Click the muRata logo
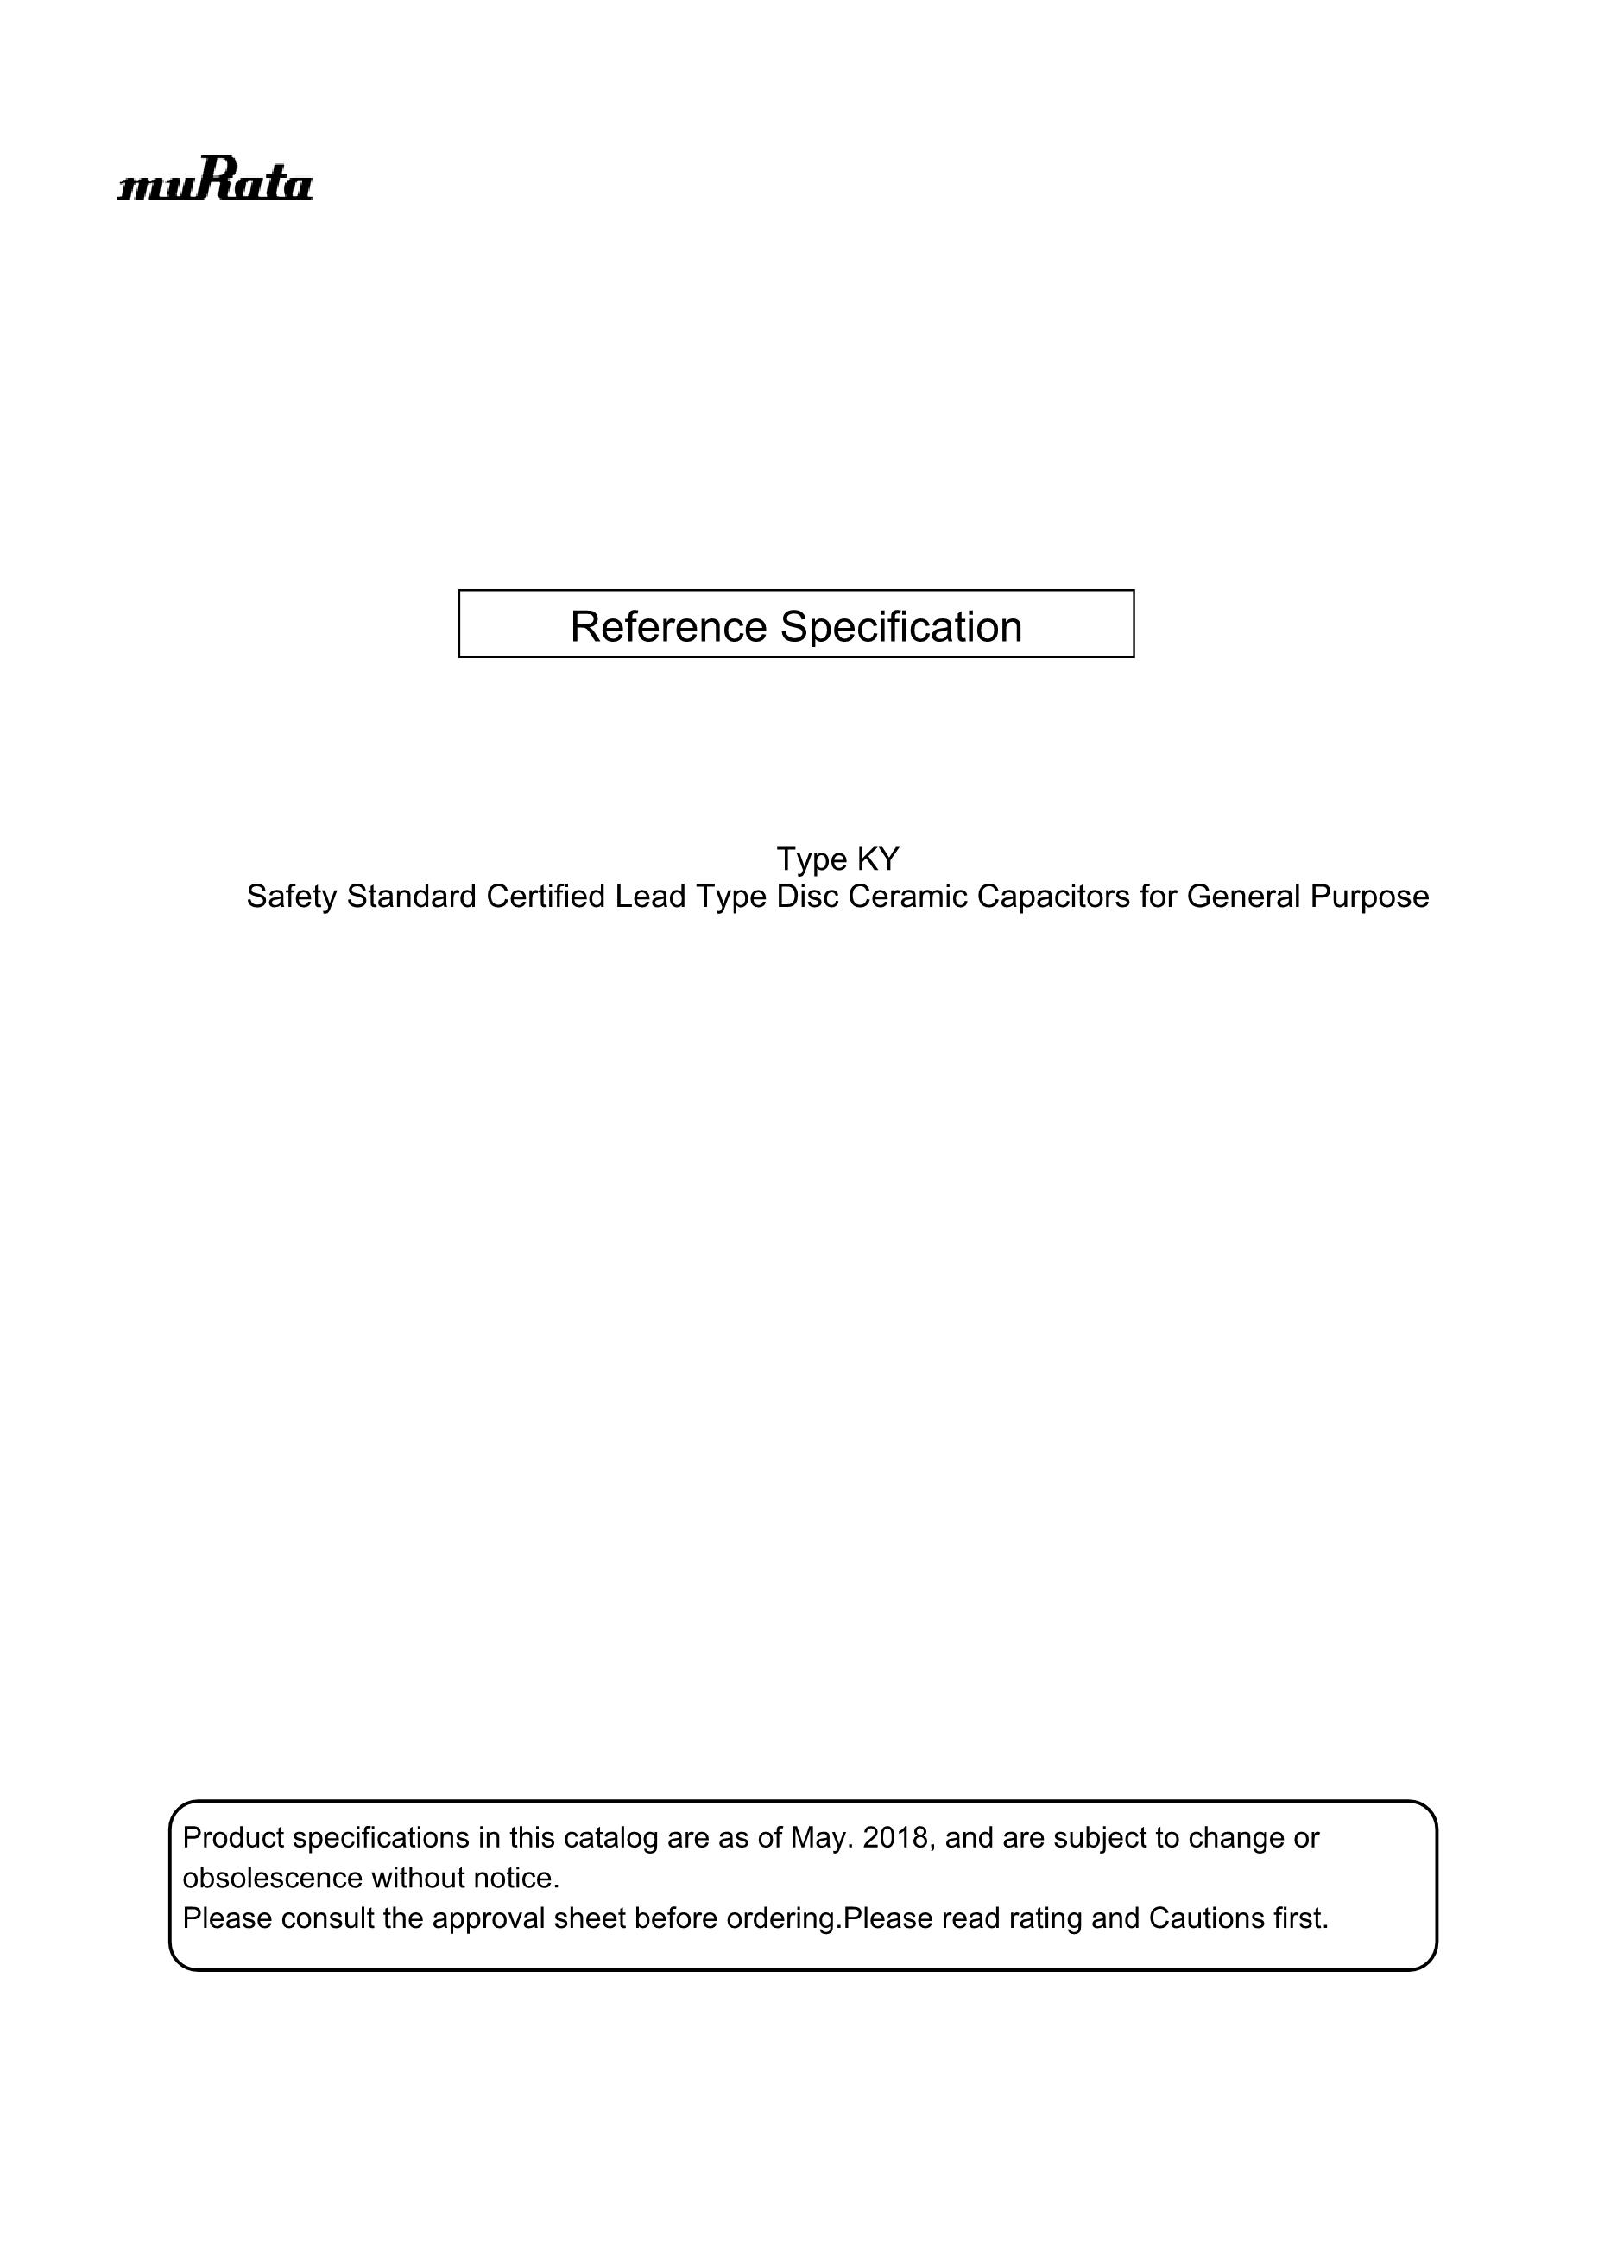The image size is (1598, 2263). (215, 183)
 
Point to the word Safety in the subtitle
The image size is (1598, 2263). (292, 897)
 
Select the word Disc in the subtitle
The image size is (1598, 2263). (807, 897)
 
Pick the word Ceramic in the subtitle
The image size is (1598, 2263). (907, 897)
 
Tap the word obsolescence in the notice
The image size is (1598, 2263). (272, 1878)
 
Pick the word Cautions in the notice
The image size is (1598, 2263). (1199, 1918)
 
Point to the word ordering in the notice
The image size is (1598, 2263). (780, 1918)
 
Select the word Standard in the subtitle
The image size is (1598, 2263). (412, 897)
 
